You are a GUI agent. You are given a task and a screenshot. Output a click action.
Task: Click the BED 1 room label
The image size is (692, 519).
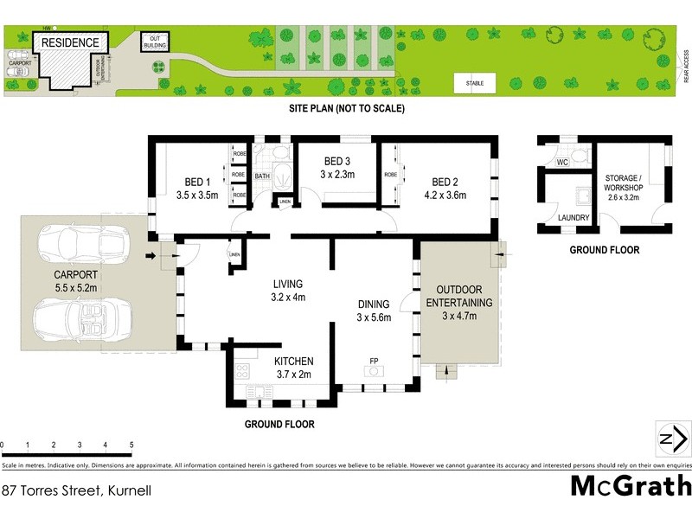point(198,182)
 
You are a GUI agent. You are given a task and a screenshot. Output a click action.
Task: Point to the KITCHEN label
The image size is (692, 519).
point(293,361)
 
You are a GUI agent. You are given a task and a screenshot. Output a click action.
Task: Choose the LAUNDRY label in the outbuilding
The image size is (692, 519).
point(573,218)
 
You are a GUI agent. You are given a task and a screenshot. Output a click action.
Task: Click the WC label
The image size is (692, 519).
point(561,162)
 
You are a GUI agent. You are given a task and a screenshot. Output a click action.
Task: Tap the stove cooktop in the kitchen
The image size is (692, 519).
point(242,373)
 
